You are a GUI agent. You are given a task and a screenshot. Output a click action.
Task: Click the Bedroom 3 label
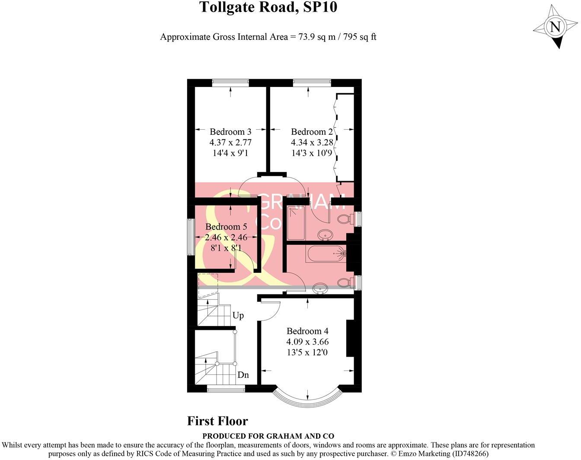pos(230,132)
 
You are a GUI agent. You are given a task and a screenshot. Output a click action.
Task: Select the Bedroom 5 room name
pos(226,227)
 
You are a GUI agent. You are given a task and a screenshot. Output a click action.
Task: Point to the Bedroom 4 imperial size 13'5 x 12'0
pos(307,352)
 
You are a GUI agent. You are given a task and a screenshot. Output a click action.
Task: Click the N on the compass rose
pos(555,27)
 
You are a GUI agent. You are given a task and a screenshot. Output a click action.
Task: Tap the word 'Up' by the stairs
pos(238,316)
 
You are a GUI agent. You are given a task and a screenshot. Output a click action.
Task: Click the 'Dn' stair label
pos(243,375)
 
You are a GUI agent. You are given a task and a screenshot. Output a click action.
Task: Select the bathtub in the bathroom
pos(326,254)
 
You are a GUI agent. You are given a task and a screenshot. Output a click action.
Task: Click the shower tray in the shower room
pos(296,223)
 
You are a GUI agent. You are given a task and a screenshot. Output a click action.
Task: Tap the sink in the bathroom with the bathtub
pos(319,287)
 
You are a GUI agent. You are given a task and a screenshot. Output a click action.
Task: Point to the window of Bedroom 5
pos(190,237)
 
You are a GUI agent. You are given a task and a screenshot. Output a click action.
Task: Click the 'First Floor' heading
pos(217,421)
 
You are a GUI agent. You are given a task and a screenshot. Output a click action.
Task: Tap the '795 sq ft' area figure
pos(360,37)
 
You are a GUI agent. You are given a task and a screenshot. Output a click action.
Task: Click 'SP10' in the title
pos(320,7)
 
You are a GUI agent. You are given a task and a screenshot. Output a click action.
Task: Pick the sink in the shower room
pos(325,235)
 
